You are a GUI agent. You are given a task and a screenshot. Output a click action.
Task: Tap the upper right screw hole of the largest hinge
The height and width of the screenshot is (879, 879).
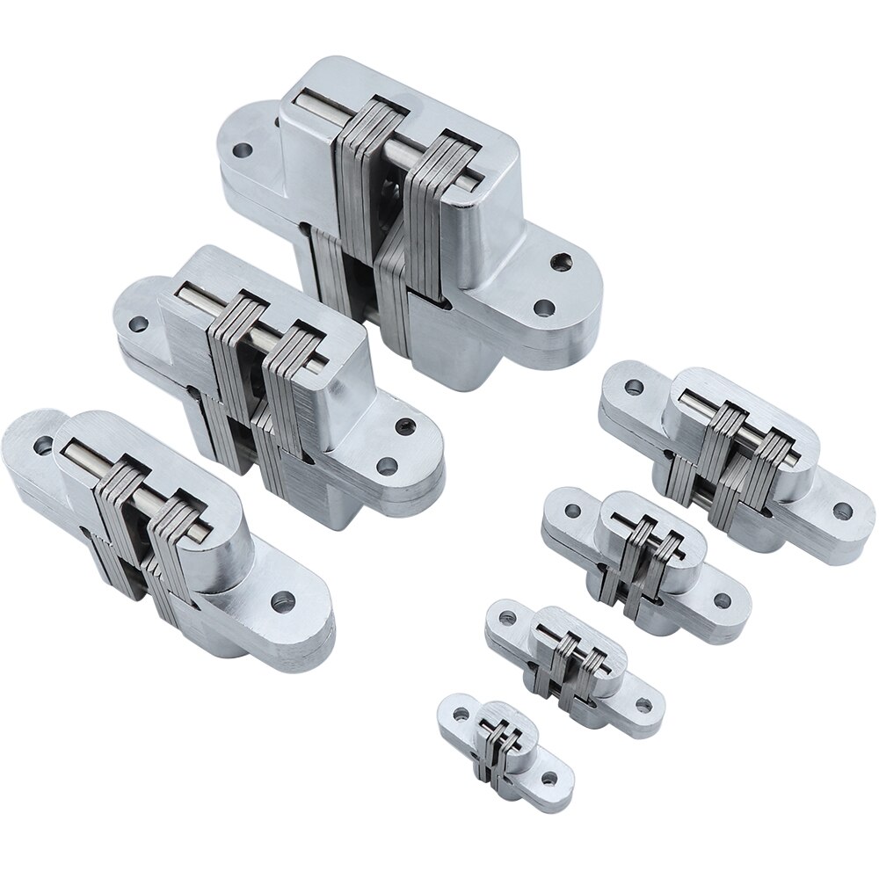[x=558, y=262]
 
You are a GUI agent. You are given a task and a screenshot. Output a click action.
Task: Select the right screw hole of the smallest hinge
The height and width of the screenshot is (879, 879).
[x=549, y=778]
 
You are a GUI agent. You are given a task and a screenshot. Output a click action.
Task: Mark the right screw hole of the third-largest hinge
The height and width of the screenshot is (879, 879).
[x=283, y=604]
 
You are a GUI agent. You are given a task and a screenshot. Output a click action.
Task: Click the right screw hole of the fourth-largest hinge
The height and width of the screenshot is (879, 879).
[x=842, y=510]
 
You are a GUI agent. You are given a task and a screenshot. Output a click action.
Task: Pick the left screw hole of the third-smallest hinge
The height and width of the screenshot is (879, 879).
[x=576, y=512]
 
